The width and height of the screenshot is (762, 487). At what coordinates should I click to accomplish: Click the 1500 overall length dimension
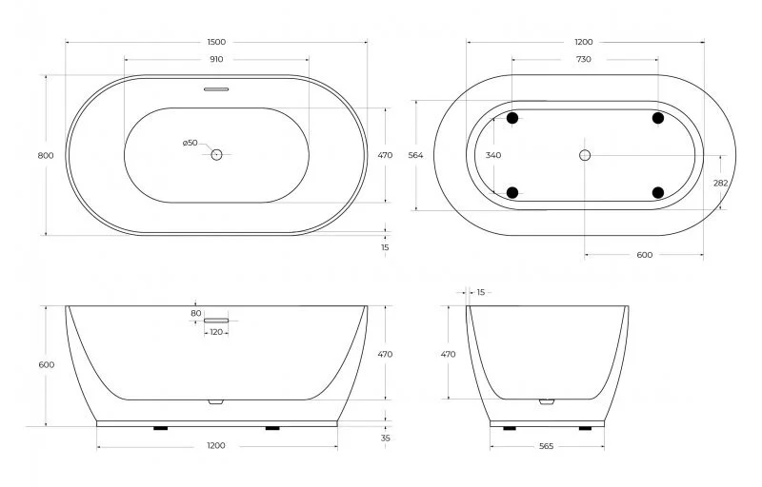(x=216, y=42)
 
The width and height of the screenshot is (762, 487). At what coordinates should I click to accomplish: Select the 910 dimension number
(x=216, y=59)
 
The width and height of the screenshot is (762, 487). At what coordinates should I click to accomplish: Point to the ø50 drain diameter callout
(x=190, y=143)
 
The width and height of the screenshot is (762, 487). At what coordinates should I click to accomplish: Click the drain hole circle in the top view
(x=216, y=154)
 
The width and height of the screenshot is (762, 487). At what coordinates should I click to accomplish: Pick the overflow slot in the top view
(x=216, y=91)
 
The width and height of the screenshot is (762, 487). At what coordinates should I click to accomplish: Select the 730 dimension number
(x=584, y=59)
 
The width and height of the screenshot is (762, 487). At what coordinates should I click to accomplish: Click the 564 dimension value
(x=414, y=155)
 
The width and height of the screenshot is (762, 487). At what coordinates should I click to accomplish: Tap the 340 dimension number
(x=492, y=155)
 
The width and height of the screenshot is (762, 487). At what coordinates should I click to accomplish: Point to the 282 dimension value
(x=721, y=184)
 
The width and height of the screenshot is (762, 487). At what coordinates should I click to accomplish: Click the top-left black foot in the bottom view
(x=512, y=119)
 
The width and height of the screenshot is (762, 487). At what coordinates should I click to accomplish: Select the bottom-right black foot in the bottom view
(x=658, y=192)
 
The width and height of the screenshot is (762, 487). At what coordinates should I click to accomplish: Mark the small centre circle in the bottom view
(x=585, y=154)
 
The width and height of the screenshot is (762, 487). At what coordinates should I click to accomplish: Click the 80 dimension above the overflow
(x=196, y=312)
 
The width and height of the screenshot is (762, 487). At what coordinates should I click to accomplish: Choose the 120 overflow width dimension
(x=216, y=332)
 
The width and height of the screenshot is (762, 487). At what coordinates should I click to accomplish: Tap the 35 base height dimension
(x=385, y=438)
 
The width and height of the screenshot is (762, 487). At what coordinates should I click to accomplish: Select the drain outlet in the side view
(x=547, y=401)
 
